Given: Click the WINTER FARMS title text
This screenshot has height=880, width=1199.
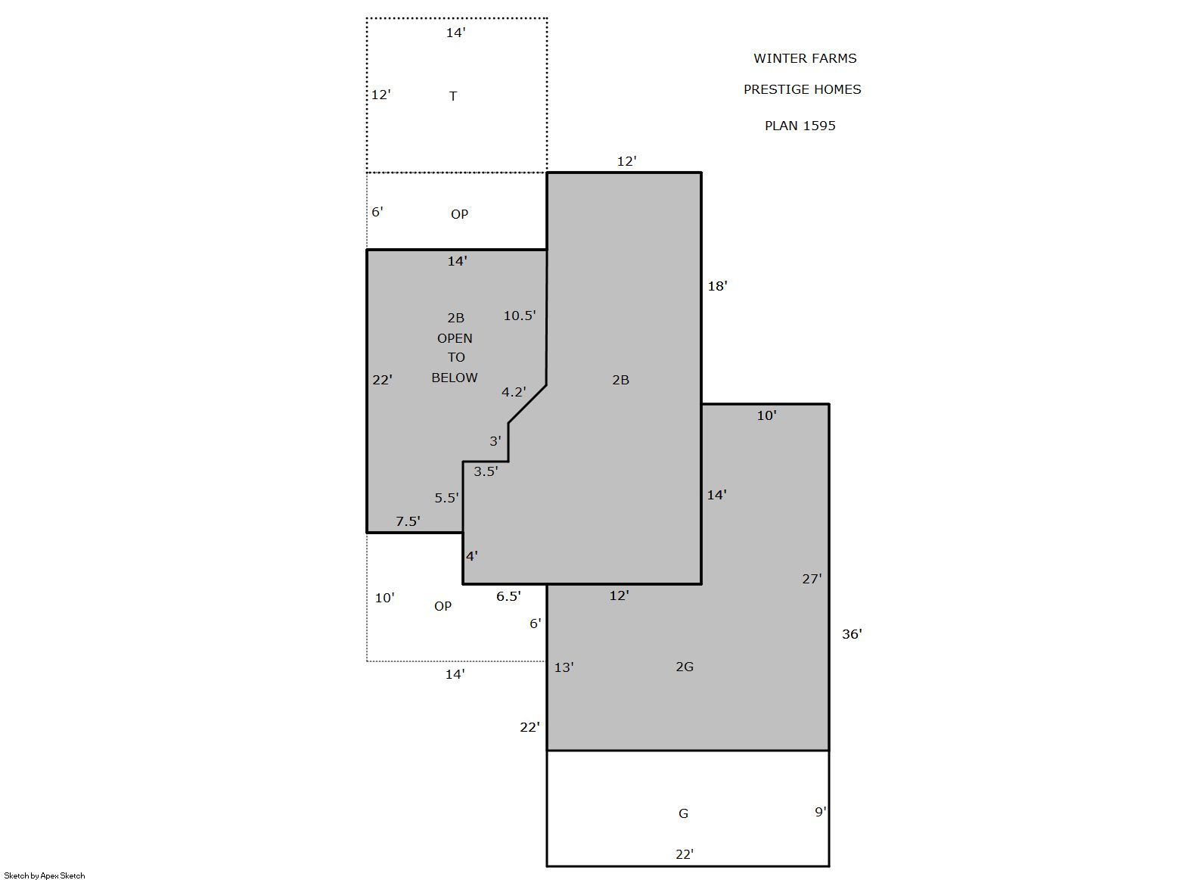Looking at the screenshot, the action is [805, 58].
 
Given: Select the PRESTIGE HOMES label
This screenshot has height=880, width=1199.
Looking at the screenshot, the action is [802, 89].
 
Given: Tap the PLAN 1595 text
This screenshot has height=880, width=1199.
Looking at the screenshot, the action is [800, 126].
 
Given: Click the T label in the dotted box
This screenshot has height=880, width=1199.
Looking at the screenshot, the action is [453, 96].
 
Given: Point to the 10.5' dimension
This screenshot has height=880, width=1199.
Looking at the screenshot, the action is [519, 316].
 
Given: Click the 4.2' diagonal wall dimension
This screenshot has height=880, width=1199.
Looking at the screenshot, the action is [514, 393].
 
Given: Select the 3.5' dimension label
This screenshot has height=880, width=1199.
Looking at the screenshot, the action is [486, 471].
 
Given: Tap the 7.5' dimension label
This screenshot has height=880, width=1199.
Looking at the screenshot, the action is [407, 521].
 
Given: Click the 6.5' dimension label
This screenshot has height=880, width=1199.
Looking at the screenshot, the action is [508, 596].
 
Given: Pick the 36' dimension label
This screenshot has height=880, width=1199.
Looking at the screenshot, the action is [852, 634].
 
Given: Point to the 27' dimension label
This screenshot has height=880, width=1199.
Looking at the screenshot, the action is [812, 579].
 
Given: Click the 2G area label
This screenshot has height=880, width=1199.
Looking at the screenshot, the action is [685, 667].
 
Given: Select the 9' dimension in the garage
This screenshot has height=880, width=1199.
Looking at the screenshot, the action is [820, 813].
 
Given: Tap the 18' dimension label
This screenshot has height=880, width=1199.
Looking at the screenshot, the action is [717, 286].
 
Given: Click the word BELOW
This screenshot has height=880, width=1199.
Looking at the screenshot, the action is [455, 378].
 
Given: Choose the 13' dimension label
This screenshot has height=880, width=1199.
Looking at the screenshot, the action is [564, 667].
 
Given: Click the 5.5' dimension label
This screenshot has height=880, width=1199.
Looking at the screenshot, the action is [446, 499].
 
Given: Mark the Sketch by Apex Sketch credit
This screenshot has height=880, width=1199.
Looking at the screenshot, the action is [45, 875].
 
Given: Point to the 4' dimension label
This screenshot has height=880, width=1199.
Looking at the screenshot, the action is [471, 556].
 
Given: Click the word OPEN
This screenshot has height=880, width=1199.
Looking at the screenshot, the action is [455, 339].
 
